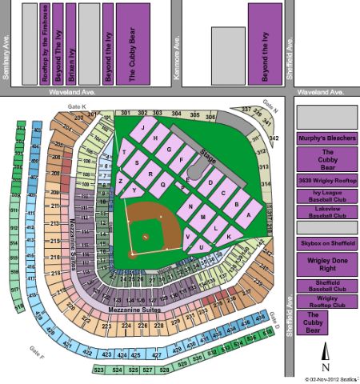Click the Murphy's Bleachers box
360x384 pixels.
tap(326, 138)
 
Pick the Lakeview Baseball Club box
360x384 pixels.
tap(326, 211)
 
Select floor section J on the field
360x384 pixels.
tap(142, 128)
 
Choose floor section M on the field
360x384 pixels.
tap(204, 218)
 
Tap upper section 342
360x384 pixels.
tap(274, 138)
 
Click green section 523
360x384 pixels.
tap(99, 370)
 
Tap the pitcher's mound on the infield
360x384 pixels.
tap(145, 238)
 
